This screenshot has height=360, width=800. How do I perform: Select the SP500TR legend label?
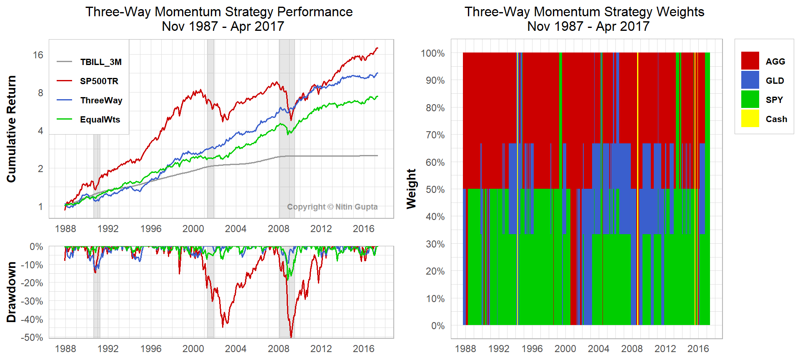pos(99,81)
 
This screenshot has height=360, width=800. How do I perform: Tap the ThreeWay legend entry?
pos(101,100)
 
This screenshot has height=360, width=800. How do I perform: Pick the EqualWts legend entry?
pos(100,120)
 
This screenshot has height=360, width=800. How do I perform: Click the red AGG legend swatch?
pos(750,61)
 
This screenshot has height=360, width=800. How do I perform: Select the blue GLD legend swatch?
pos(750,80)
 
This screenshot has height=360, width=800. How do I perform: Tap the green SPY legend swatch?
pos(750,99)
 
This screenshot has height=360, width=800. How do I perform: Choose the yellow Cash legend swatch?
pos(750,118)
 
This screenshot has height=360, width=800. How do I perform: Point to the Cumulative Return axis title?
pos(11,129)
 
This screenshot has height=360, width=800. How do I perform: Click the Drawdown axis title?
pos(11,292)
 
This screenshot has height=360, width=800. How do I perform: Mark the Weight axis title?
pos(411,189)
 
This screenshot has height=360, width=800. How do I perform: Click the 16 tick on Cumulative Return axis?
pos(38,55)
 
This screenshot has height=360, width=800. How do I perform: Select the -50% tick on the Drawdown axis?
pos(32,337)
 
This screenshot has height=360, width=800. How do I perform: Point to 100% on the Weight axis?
pos(432,53)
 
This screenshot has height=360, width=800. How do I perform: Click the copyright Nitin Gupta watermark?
pos(332,207)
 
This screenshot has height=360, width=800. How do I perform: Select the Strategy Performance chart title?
pos(219,19)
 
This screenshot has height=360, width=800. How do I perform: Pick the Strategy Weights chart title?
pos(584,19)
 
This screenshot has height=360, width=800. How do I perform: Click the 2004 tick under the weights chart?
pos(598,348)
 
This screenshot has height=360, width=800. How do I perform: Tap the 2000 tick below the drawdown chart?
pos(193,348)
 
